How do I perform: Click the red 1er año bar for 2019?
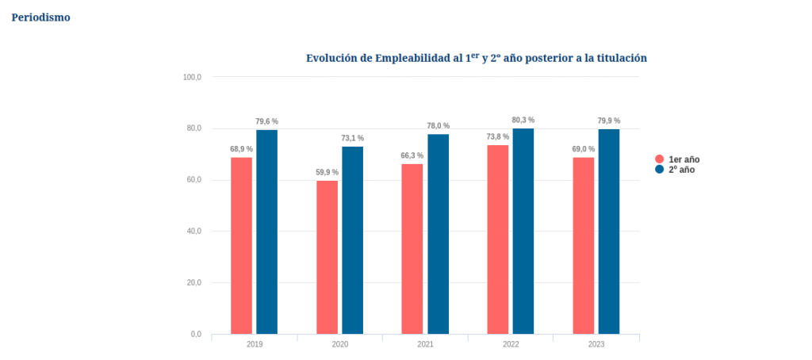click(x=241, y=245)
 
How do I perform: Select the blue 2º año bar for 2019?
click(x=266, y=232)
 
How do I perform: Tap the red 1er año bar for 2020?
click(x=327, y=257)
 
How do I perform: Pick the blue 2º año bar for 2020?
click(x=352, y=239)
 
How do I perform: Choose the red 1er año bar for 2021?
click(x=412, y=248)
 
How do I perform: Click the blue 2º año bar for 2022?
click(x=523, y=231)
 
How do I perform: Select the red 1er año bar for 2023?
click(x=583, y=245)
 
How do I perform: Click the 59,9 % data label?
click(x=327, y=172)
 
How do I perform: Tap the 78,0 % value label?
click(x=438, y=125)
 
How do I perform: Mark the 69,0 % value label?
click(x=583, y=149)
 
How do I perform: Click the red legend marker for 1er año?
click(x=659, y=159)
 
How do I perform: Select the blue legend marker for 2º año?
click(x=659, y=170)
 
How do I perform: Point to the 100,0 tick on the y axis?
click(x=192, y=77)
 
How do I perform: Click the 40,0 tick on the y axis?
click(x=193, y=232)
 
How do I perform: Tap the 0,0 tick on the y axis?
click(x=195, y=334)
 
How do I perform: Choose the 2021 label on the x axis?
click(x=425, y=345)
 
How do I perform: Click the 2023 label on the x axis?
click(x=596, y=345)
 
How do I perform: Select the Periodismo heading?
click(x=40, y=17)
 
